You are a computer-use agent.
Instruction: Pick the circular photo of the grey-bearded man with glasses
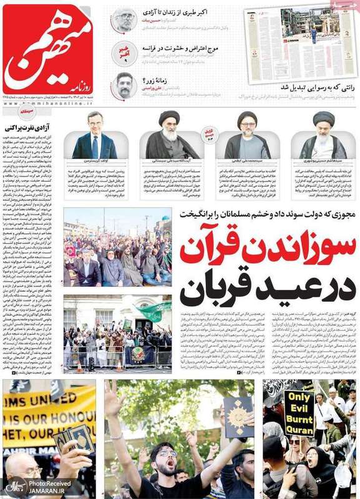(124, 19)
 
